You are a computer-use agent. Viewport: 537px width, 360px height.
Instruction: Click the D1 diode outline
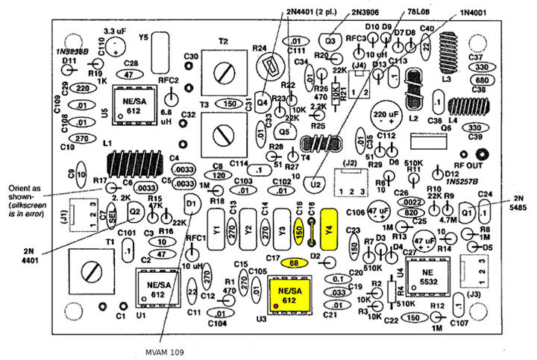(x=192, y=202)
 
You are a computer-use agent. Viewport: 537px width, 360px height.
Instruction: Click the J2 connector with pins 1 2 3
(x=351, y=182)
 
